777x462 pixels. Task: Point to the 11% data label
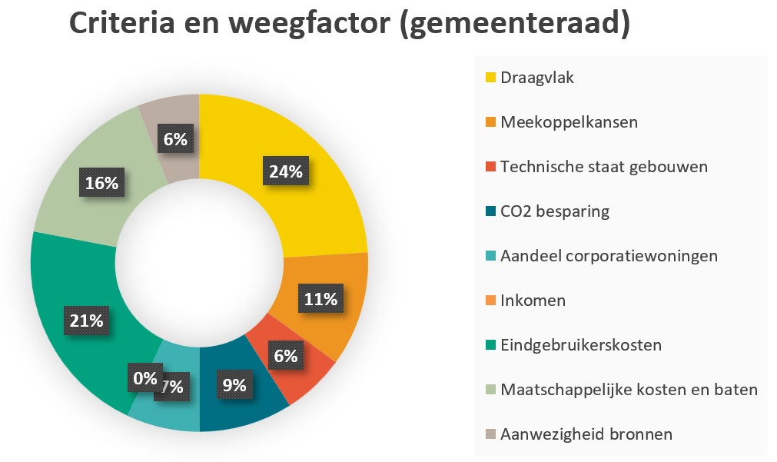pyautogui.click(x=320, y=299)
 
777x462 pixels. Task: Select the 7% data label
pyautogui.click(x=171, y=387)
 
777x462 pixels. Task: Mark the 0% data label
pyautogui.click(x=144, y=378)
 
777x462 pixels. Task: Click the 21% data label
pyautogui.click(x=85, y=321)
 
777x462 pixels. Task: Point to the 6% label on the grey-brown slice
pyautogui.click(x=176, y=139)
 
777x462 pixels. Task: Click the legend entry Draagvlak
pyautogui.click(x=537, y=78)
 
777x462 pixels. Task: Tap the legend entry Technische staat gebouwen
pyautogui.click(x=603, y=167)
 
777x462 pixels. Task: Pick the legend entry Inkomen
pyautogui.click(x=533, y=300)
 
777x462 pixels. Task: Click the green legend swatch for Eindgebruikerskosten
pyautogui.click(x=490, y=345)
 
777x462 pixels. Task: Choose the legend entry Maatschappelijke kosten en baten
pyautogui.click(x=629, y=390)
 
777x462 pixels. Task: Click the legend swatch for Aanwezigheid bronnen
pyautogui.click(x=490, y=434)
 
